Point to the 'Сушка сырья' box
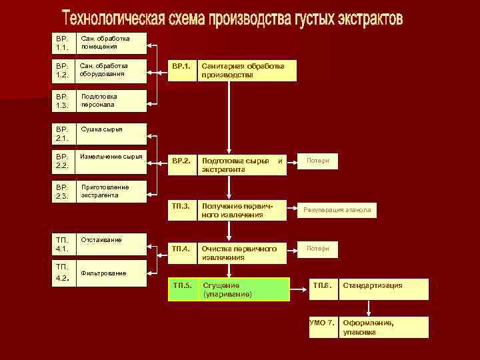click(110, 133)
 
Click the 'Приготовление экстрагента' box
click(110, 192)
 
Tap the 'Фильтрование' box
click(110, 273)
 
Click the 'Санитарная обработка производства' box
click(247, 71)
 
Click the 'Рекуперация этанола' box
click(337, 211)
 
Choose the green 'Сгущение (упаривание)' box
click(244, 289)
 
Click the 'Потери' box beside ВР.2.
click(318, 161)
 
